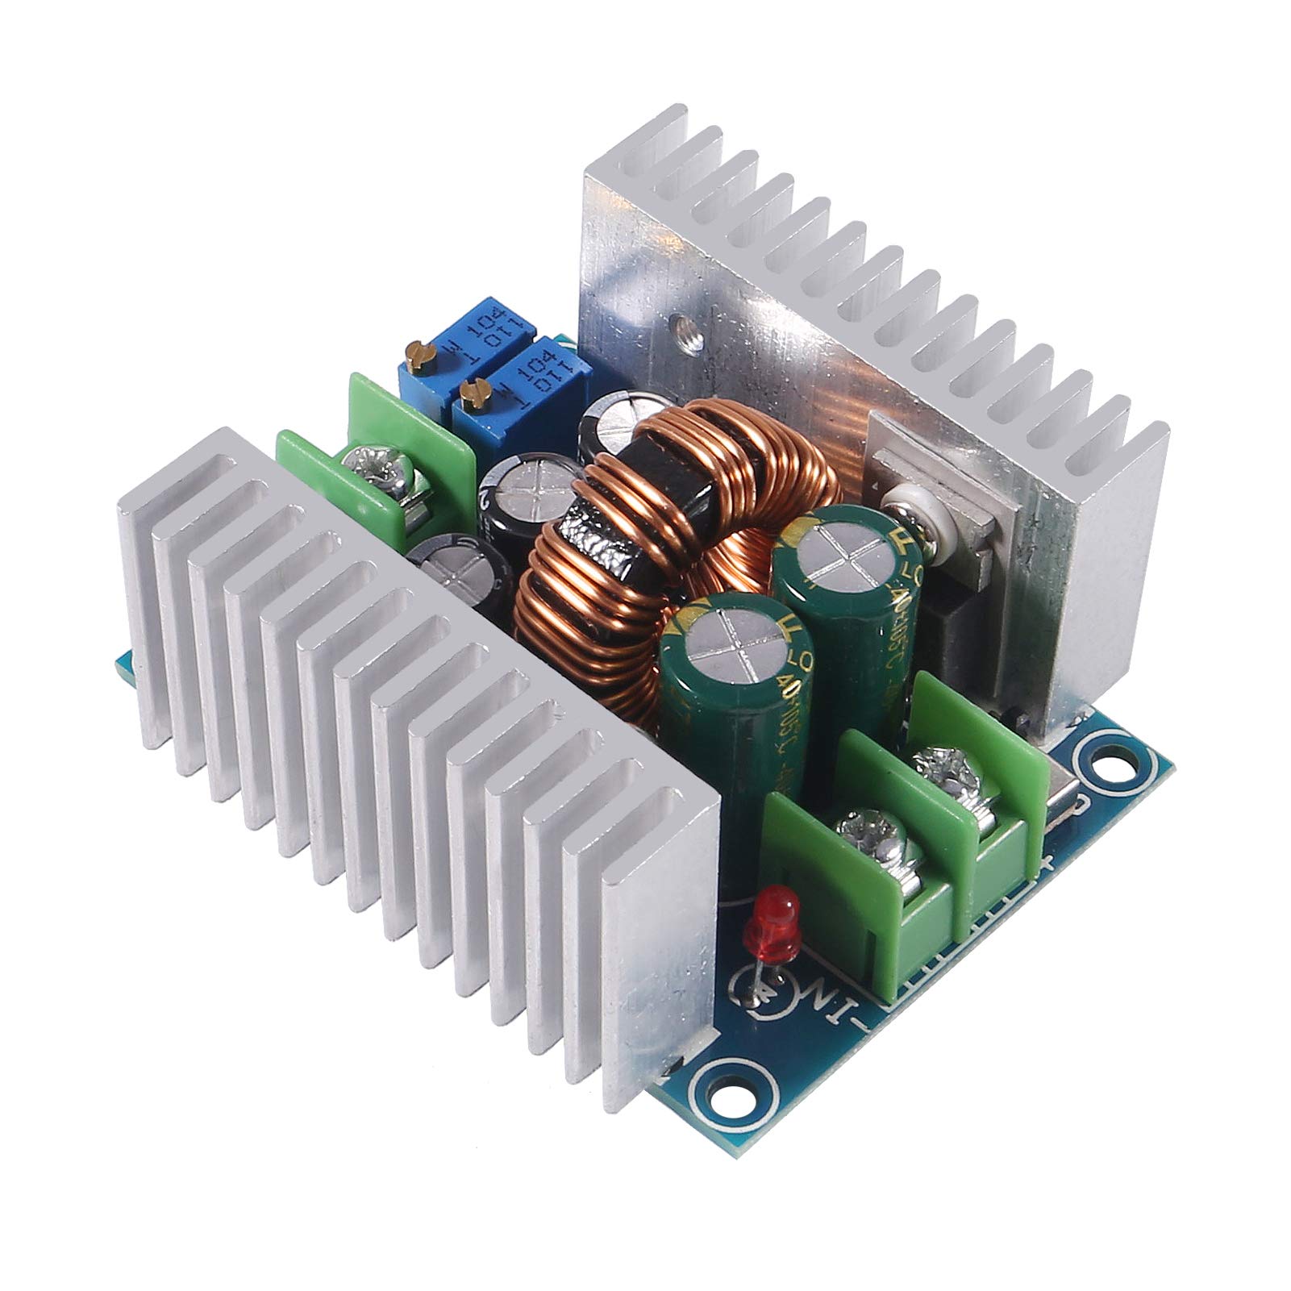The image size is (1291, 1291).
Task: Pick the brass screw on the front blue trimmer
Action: point(469,393)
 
